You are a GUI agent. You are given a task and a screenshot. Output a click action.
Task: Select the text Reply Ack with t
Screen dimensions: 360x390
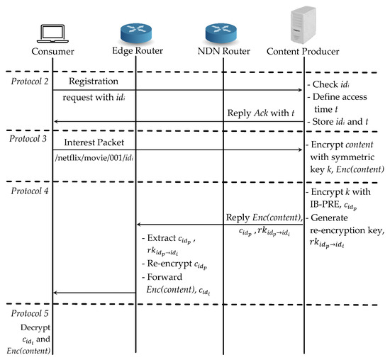pos(261,113)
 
